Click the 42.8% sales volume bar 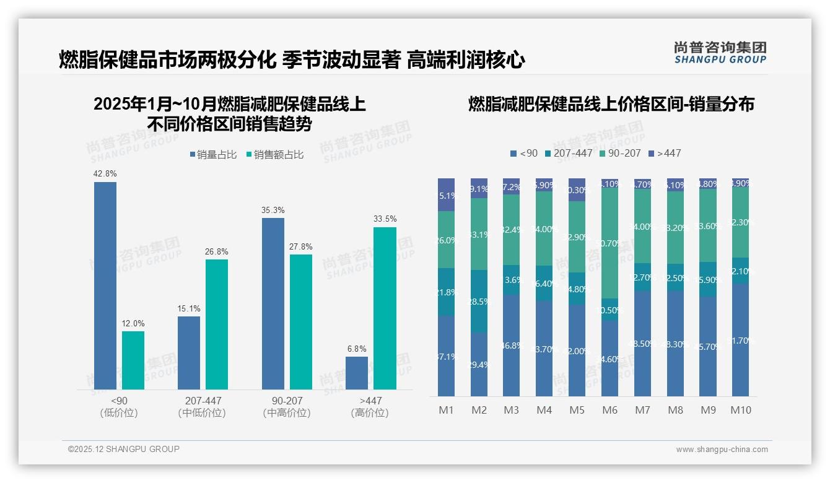click(105, 285)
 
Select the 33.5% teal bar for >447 click(385, 308)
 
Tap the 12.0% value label click(133, 323)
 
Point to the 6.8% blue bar click(357, 373)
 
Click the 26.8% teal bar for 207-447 click(217, 324)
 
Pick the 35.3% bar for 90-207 click(273, 303)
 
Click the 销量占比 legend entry click(214, 155)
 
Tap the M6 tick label click(610, 410)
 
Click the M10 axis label click(741, 410)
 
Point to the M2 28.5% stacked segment click(479, 301)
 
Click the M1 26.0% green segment click(446, 240)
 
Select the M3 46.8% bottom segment click(512, 345)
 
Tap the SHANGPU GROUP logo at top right click(720, 53)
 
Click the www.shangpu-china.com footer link click(722, 450)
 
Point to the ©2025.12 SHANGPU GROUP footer click(124, 449)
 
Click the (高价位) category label click(370, 413)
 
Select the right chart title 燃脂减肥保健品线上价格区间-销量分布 click(611, 104)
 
